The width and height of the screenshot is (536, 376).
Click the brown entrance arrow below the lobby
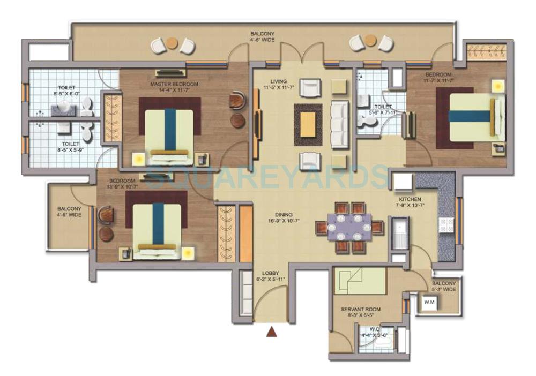272,332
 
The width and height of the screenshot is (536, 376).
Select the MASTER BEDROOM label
175,84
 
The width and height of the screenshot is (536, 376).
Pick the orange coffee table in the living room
308,124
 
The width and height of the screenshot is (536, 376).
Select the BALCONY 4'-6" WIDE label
263,36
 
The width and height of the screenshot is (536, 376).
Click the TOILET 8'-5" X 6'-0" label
68,91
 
